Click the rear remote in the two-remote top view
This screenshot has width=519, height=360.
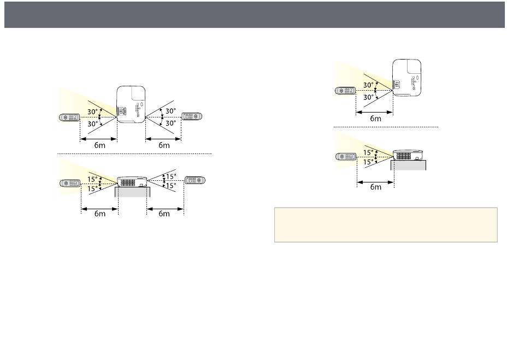(x=192, y=116)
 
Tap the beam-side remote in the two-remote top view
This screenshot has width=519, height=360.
(x=69, y=117)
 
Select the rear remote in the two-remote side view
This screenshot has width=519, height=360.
(x=195, y=180)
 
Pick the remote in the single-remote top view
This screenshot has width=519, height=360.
(x=345, y=90)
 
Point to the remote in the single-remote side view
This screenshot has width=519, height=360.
(x=346, y=156)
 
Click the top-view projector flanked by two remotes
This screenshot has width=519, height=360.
(x=131, y=104)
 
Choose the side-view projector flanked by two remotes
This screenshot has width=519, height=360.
(x=132, y=182)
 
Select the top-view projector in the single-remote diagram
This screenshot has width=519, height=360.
(x=407, y=78)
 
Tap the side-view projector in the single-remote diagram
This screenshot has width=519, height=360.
(x=408, y=155)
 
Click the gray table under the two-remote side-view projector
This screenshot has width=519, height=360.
(x=132, y=192)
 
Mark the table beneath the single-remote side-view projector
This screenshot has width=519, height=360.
(x=409, y=165)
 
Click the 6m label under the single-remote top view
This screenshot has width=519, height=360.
(x=375, y=119)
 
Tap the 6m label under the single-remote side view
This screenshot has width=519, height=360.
(x=376, y=187)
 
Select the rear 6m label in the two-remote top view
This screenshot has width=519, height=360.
(x=164, y=145)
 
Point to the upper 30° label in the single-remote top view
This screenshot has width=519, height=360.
(x=368, y=85)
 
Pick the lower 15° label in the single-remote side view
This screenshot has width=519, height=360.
(x=368, y=162)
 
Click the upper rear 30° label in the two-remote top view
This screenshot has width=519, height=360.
(x=170, y=111)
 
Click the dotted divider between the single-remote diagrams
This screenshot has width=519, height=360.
(x=386, y=127)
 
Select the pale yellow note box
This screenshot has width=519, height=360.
(x=386, y=225)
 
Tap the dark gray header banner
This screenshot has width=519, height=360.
(x=255, y=15)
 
